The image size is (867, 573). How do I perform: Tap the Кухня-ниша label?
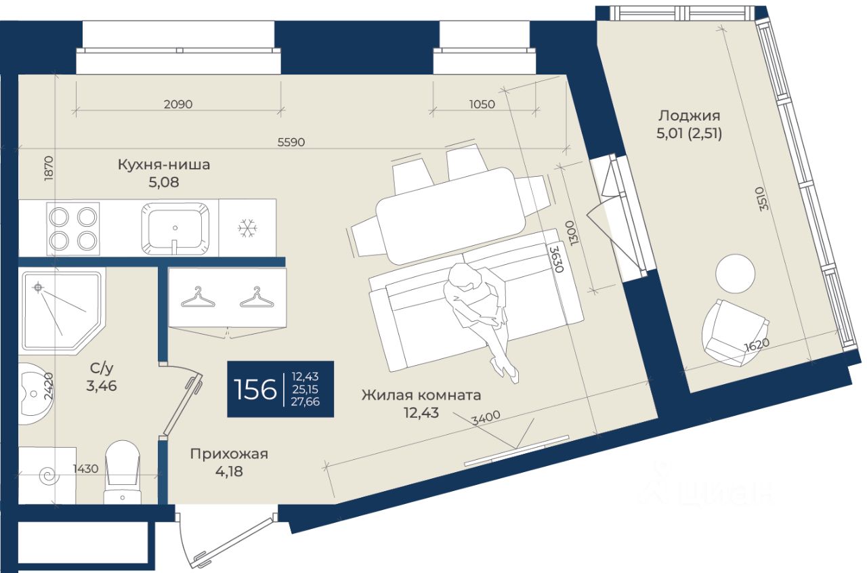(x=163, y=165)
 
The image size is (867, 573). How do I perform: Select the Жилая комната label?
(x=421, y=395)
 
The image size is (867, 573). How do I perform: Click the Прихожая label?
(x=229, y=454)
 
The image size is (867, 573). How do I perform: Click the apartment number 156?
(x=254, y=390)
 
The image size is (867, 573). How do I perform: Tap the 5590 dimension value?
(x=291, y=142)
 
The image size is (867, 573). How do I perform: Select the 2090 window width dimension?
(x=178, y=104)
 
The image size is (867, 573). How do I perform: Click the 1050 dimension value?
(x=482, y=104)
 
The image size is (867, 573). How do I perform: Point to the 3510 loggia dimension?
(x=763, y=200)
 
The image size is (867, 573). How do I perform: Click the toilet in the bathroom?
(x=123, y=471)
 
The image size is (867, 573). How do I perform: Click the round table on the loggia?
(x=736, y=273)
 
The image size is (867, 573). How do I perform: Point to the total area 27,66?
(x=305, y=402)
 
